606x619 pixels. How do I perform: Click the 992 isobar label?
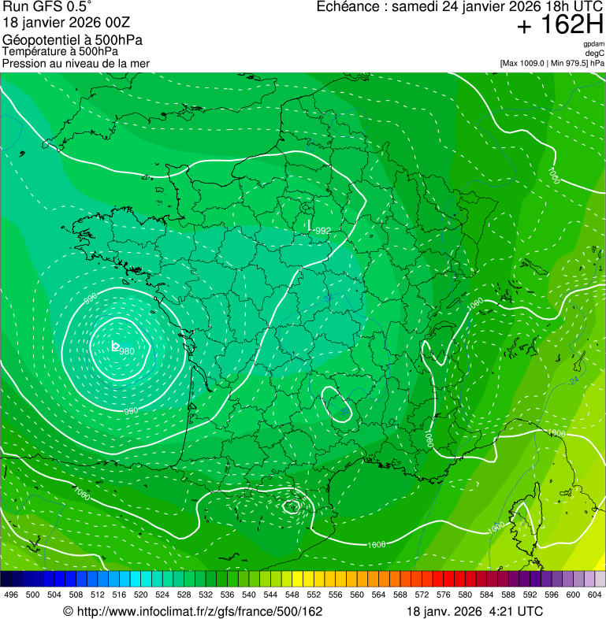[x=323, y=231]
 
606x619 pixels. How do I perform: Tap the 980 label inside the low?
[x=127, y=350]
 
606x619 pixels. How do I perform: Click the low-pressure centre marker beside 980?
[x=115, y=346]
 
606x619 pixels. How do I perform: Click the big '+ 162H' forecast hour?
[x=560, y=26]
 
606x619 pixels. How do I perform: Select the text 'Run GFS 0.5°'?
[x=47, y=8]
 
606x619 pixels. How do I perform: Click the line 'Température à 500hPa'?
[x=60, y=51]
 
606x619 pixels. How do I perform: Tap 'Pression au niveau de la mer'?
[x=76, y=63]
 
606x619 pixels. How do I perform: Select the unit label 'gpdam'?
[x=593, y=44]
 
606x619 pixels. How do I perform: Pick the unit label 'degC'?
[x=595, y=53]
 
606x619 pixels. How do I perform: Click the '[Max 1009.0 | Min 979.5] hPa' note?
[x=552, y=62]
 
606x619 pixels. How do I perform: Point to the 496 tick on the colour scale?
[x=11, y=595]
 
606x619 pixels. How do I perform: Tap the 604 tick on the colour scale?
[x=595, y=595]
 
